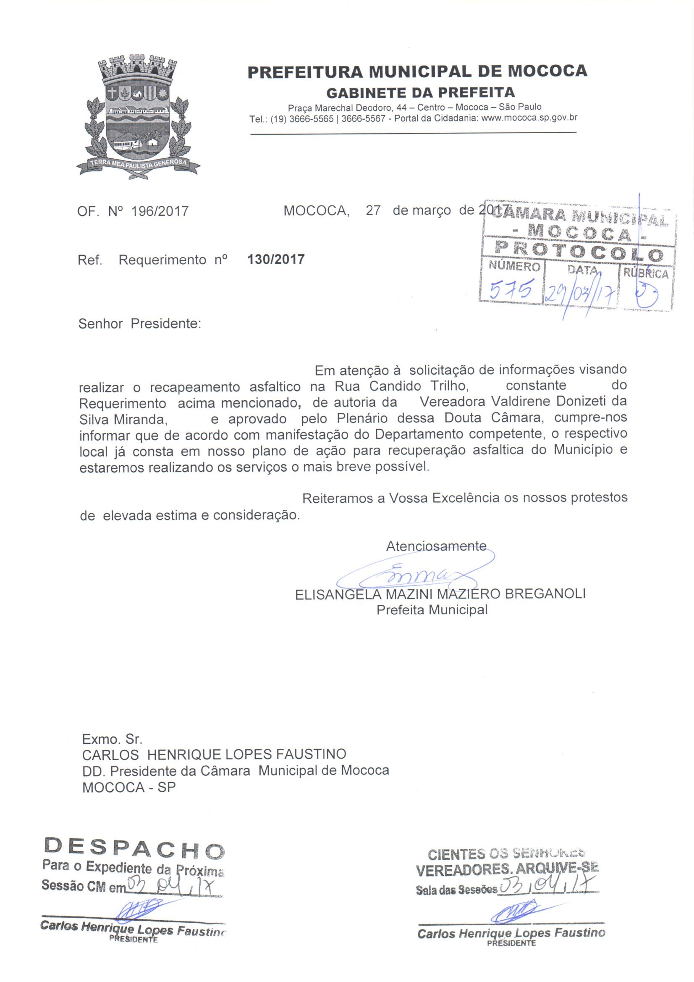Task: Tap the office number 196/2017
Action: pos(160,211)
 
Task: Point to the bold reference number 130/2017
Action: pos(276,259)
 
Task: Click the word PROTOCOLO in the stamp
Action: pos(579,253)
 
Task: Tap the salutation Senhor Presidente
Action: pos(139,324)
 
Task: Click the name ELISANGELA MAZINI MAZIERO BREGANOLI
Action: pos(440,594)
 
